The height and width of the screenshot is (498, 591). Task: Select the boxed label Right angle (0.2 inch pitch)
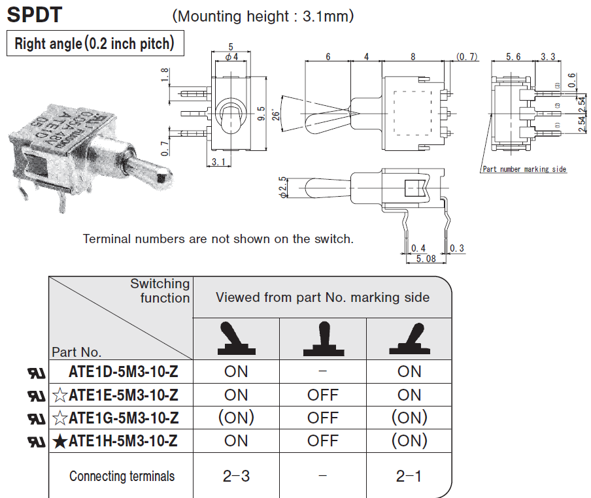(94, 44)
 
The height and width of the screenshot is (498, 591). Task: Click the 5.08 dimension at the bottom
(426, 259)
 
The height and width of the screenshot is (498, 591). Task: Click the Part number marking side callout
(524, 169)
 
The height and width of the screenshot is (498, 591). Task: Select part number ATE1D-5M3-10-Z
(123, 371)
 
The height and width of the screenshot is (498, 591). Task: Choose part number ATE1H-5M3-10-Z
(123, 441)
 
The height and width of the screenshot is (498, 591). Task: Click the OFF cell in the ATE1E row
(323, 395)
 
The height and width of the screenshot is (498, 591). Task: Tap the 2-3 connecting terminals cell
(236, 476)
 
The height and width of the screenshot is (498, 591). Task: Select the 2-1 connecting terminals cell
(409, 476)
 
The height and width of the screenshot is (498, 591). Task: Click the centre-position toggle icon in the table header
(323, 340)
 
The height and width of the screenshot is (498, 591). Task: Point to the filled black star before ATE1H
(59, 442)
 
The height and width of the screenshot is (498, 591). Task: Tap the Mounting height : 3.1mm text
(263, 16)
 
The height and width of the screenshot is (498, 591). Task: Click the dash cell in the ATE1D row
(323, 371)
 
